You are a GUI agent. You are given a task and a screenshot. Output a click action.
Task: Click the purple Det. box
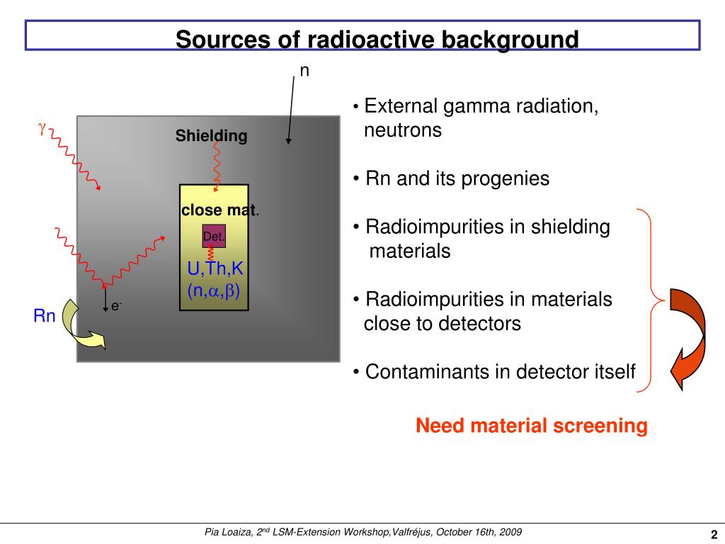point(214,237)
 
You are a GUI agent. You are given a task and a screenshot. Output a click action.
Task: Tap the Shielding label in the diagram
point(212,136)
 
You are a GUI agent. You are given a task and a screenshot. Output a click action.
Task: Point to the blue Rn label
point(45,316)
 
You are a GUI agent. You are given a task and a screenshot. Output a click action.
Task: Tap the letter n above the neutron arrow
point(304,72)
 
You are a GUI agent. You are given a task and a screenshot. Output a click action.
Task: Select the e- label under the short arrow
point(116,306)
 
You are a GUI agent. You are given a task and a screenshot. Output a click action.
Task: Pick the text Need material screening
point(531,426)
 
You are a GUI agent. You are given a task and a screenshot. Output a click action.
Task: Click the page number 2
point(714,535)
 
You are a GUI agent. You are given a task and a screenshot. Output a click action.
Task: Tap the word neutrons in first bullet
point(403,130)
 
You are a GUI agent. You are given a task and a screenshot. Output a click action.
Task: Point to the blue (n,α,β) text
point(218,290)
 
